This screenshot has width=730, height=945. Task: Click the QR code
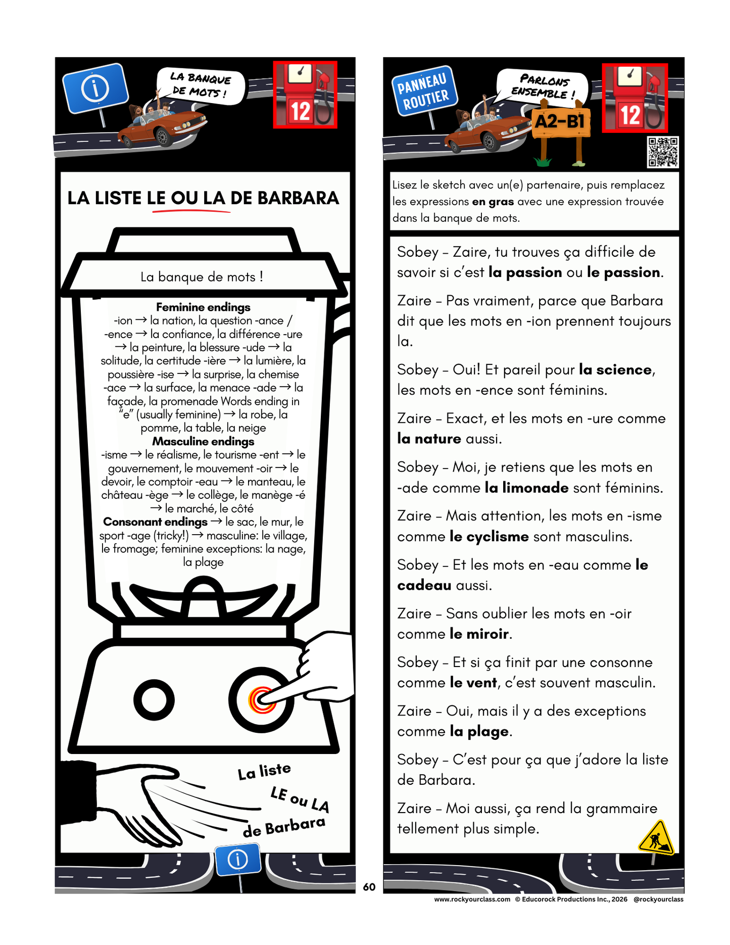pos(663,152)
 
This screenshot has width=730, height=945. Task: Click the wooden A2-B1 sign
pos(560,122)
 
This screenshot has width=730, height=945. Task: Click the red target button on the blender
pos(261,700)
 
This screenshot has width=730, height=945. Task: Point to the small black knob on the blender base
pos(154,700)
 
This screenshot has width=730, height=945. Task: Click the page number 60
pos(369,887)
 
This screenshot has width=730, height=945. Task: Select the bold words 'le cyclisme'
pos(489,536)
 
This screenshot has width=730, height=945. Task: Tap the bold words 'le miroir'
pos(479,634)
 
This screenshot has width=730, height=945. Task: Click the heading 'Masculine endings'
pos(203,441)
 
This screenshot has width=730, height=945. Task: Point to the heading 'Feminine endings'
pos(203,307)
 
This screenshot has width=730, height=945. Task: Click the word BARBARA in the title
pos(298,198)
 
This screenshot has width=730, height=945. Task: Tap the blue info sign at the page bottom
pos(238,859)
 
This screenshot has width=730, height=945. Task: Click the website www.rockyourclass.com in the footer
pos(472,899)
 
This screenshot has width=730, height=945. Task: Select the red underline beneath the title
pos(191,211)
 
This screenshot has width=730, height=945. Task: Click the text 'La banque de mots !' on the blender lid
pos(202,277)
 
